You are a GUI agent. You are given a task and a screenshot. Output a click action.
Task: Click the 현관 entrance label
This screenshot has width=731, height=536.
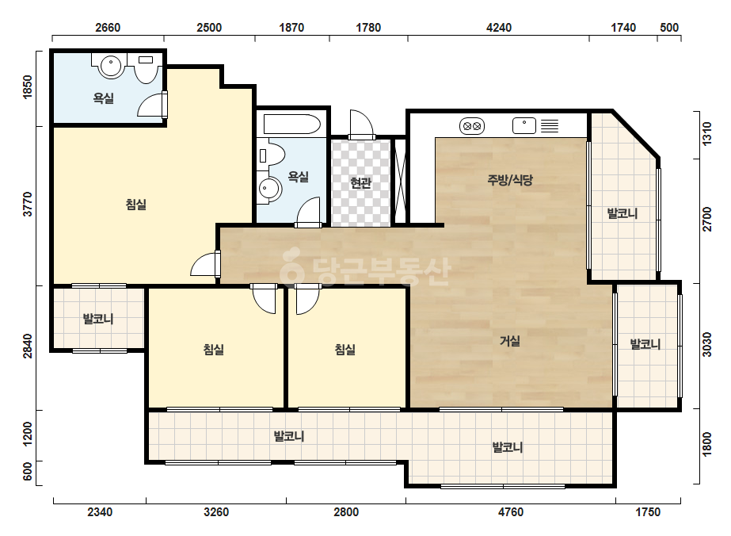[360, 182]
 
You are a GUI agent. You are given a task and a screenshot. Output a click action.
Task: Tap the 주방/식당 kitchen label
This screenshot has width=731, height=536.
[510, 180]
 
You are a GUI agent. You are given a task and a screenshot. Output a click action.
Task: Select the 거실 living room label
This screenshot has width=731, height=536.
[509, 341]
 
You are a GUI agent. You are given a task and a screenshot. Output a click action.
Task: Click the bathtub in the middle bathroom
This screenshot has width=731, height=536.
[291, 124]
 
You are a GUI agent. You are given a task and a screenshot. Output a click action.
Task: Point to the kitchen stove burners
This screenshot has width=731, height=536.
[472, 126]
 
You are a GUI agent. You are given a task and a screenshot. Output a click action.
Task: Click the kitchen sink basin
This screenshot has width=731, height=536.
[524, 125]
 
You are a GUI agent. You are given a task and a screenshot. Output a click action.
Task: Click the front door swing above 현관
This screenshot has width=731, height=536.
[362, 124]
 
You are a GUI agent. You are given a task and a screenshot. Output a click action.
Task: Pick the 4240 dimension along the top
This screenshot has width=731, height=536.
[499, 28]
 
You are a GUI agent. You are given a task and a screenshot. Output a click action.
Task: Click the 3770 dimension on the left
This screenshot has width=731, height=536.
[28, 204]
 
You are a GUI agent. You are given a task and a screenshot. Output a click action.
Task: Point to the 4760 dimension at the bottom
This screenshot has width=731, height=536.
[511, 512]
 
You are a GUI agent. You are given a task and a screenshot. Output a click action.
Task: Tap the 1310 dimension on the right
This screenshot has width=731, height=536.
[706, 134]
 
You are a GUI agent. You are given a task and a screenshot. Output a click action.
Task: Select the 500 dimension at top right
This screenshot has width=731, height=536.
[669, 28]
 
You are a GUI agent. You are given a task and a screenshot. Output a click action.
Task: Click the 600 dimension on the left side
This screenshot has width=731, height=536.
[28, 472]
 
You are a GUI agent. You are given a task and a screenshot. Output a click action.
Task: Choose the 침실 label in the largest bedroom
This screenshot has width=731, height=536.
[136, 204]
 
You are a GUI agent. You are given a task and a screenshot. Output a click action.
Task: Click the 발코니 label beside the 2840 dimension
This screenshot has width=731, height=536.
[98, 319]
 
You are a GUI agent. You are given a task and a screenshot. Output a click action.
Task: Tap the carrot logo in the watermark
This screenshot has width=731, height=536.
[292, 266]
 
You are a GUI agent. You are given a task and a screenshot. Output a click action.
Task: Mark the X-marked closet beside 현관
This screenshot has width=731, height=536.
[400, 180]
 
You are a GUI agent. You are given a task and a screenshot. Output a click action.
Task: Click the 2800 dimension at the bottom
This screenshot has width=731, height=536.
[346, 512]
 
